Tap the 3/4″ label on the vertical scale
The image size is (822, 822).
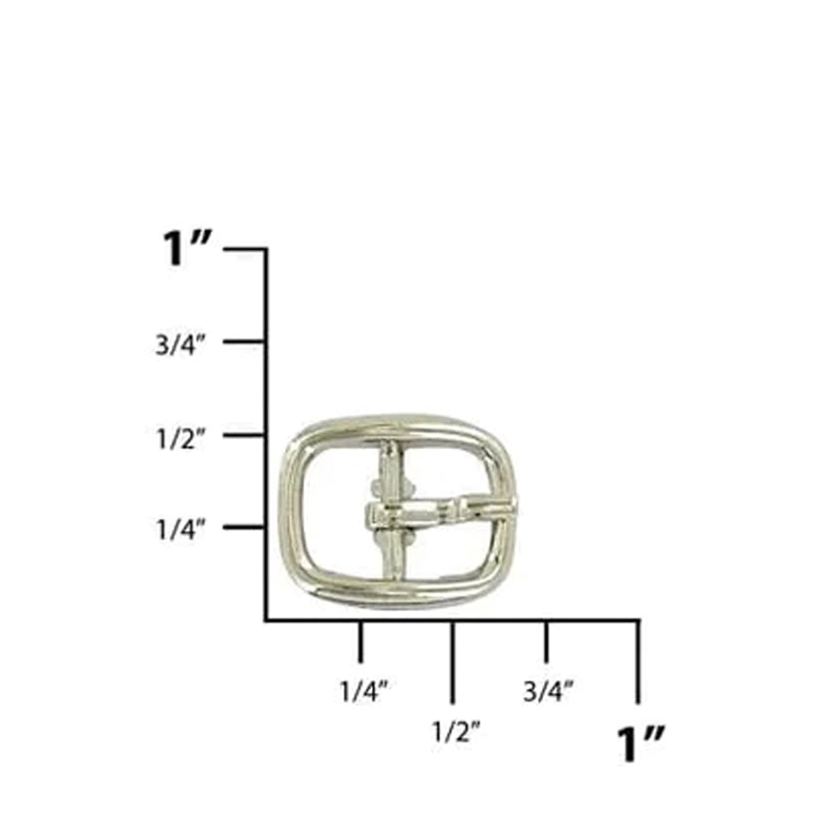point(180,345)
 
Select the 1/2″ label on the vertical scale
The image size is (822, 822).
point(180,439)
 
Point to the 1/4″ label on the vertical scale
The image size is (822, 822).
point(180,529)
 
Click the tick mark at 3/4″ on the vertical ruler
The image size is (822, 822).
point(244,341)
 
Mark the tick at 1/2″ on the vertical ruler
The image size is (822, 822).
point(244,435)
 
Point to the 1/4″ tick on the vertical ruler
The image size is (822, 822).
point(244,526)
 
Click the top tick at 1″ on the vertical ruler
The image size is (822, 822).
point(244,248)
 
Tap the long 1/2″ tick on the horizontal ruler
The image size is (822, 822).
point(453,661)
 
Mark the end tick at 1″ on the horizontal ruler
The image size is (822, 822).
point(638,661)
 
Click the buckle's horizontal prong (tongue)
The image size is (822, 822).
point(435,510)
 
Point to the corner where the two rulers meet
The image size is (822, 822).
point(266,620)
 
